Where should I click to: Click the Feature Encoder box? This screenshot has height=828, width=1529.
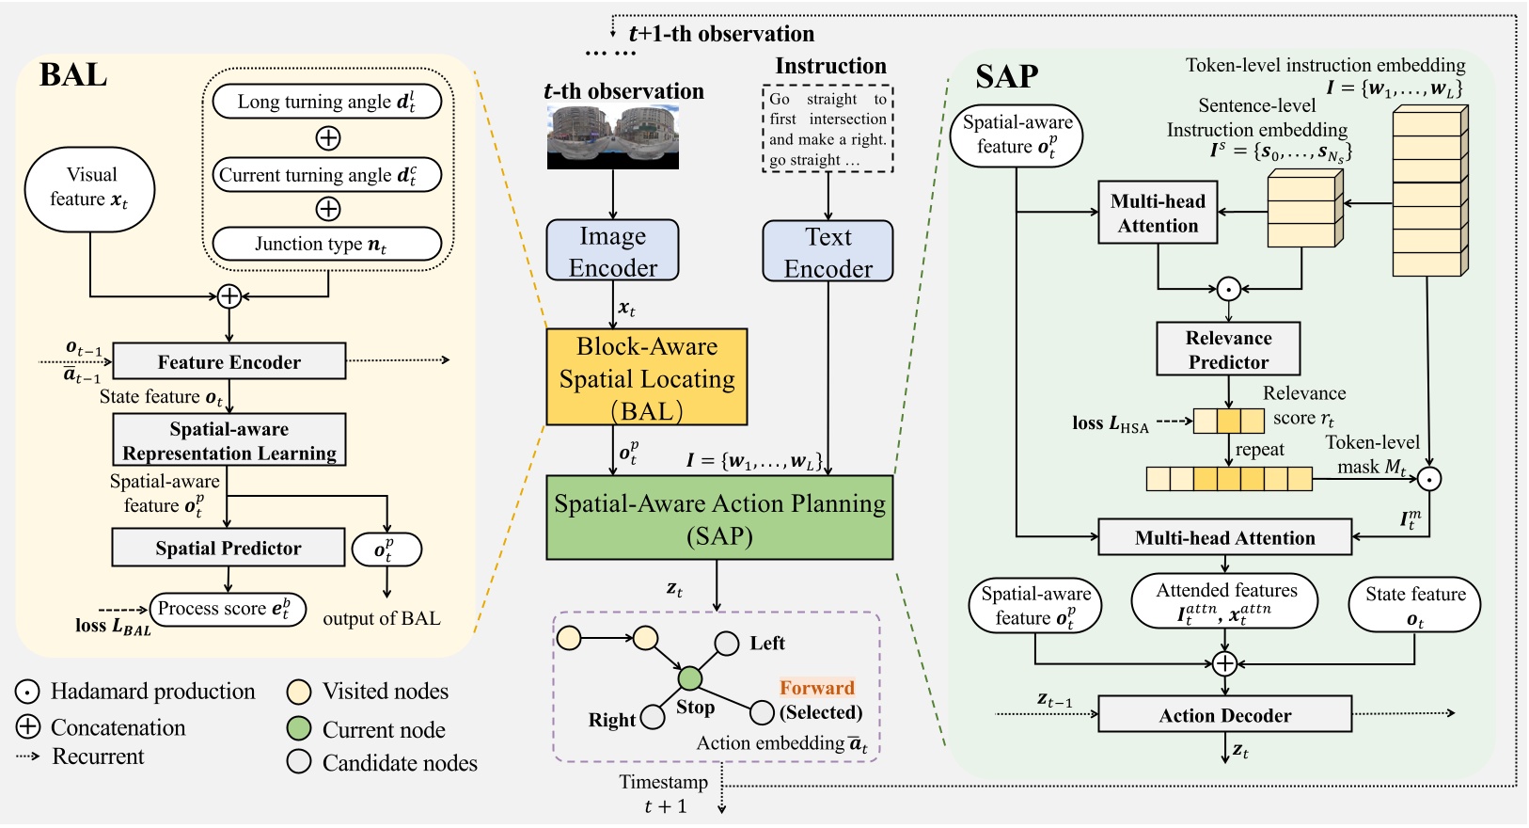(x=229, y=361)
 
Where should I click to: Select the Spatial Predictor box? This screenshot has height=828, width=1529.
(x=229, y=548)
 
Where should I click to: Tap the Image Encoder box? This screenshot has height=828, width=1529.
(x=613, y=250)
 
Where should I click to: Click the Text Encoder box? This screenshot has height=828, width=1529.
(x=828, y=251)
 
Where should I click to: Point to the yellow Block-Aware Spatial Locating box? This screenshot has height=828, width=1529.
(x=647, y=377)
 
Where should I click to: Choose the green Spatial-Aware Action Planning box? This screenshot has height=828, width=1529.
(x=719, y=518)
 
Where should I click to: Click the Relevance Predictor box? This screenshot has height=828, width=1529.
(x=1228, y=349)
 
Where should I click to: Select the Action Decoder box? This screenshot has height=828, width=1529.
(x=1224, y=715)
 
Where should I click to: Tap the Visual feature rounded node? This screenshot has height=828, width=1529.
(x=90, y=188)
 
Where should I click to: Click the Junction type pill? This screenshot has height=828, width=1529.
(x=326, y=244)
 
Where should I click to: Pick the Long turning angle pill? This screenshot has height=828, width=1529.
(x=326, y=102)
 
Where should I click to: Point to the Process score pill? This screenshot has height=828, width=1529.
(x=228, y=609)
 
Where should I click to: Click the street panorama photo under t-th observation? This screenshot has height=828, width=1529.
(x=613, y=137)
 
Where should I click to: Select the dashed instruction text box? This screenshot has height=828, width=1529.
(x=828, y=129)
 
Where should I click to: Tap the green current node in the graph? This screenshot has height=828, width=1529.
(x=690, y=677)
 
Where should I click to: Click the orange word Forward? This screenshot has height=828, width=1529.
(x=816, y=688)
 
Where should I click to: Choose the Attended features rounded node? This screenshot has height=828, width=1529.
(x=1224, y=602)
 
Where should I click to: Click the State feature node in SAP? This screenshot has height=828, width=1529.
(x=1414, y=605)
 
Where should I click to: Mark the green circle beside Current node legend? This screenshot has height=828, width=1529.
(x=299, y=729)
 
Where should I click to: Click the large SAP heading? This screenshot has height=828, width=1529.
(x=1006, y=76)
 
